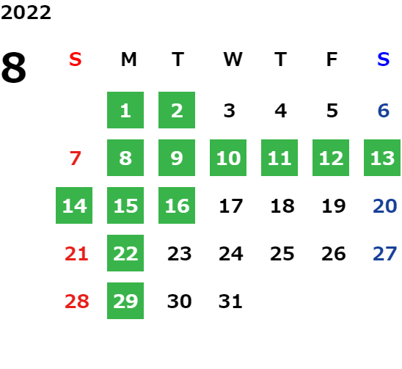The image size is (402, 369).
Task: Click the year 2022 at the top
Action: (x=26, y=12)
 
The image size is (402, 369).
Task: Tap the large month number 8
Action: (x=14, y=67)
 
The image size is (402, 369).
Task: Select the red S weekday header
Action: (x=76, y=59)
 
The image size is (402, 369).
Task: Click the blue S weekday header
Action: (x=383, y=59)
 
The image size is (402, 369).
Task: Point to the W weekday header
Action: (x=233, y=59)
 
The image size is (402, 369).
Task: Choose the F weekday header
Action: (x=332, y=59)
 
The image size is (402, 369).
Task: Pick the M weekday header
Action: (x=128, y=59)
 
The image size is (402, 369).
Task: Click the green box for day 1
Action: (x=125, y=110)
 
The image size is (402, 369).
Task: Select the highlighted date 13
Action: (x=382, y=158)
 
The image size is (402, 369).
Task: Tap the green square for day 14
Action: (x=74, y=205)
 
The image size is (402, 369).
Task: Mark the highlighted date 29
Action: (x=125, y=301)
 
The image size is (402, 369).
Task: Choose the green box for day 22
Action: (x=125, y=253)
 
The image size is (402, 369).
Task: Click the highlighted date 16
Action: (x=177, y=205)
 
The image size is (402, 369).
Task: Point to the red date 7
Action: (x=76, y=158)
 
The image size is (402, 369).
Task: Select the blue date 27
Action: (x=385, y=254)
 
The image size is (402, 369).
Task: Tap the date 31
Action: (x=230, y=302)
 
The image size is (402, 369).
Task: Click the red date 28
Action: (x=77, y=302)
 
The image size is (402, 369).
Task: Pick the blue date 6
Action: (x=384, y=111)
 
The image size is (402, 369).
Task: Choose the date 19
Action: (x=334, y=206)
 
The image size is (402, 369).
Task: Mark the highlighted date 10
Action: (x=228, y=158)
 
